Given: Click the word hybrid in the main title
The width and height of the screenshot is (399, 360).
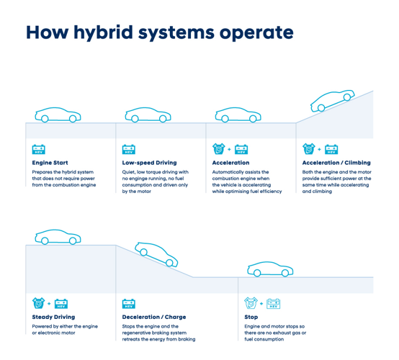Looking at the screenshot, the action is [x=103, y=33].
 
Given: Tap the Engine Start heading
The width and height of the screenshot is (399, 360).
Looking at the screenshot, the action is [x=50, y=163].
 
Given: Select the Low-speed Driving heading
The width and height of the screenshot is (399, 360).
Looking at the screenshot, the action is [x=149, y=163].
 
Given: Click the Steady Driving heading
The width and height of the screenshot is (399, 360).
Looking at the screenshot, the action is [x=53, y=317].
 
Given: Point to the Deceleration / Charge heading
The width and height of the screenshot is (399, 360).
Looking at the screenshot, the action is [x=154, y=317].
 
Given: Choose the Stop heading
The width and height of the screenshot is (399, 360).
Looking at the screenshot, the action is [x=251, y=317].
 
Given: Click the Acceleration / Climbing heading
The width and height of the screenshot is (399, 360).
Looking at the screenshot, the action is [x=336, y=163].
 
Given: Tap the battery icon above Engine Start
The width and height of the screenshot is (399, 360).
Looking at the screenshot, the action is [x=39, y=149].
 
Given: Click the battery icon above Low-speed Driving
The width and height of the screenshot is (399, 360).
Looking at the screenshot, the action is [x=129, y=149].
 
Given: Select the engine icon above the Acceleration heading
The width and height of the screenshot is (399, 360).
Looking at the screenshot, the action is [x=218, y=149].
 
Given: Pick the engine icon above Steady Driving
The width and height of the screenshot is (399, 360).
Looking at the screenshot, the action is [x=38, y=303].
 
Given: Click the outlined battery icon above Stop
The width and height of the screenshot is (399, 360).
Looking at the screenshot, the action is [x=273, y=304].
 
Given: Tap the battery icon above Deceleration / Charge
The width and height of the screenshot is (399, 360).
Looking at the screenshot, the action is [x=129, y=304].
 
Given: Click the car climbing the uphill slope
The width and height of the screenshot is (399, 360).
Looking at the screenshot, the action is [x=332, y=101].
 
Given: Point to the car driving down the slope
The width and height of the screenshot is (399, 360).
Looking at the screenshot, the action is [x=156, y=254].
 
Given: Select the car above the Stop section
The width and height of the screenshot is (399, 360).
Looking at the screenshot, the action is [x=270, y=269].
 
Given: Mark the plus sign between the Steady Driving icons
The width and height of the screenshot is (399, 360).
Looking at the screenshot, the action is [x=49, y=304].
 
